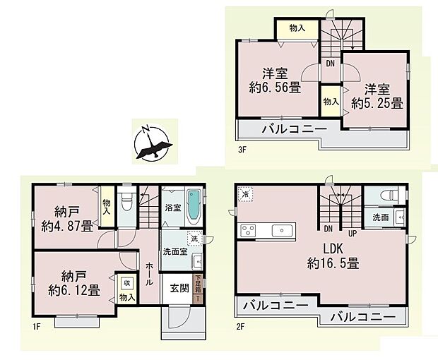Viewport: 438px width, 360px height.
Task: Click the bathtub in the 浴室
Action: tap(194, 205)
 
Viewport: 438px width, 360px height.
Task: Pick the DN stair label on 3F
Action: tap(329, 63)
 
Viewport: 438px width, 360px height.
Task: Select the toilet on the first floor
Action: tap(126, 203)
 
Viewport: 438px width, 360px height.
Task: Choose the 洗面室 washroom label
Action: tap(174, 251)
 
